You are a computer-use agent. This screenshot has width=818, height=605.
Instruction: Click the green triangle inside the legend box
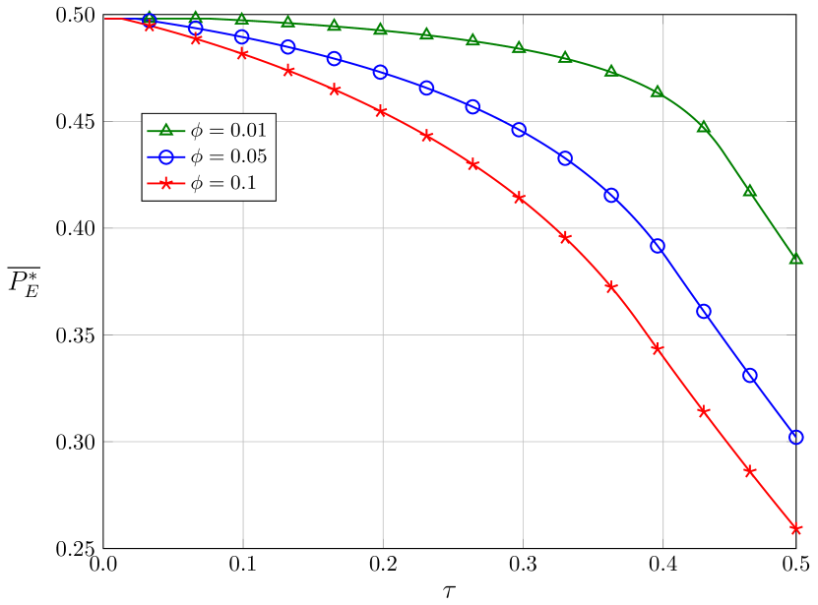(x=166, y=130)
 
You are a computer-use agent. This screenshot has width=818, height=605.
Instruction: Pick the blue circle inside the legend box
(x=166, y=156)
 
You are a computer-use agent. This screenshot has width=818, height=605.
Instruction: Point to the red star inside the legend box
(x=166, y=184)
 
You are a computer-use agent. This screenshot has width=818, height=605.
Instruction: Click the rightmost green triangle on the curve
(x=795, y=259)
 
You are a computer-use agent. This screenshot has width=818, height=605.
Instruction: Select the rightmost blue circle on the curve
(x=796, y=437)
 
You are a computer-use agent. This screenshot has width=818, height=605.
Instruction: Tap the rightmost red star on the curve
(x=795, y=528)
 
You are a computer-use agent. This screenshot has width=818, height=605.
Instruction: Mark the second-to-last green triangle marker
(x=749, y=190)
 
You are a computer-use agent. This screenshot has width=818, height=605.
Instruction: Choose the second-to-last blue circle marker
(x=750, y=376)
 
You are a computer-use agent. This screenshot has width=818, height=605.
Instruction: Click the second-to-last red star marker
(x=750, y=471)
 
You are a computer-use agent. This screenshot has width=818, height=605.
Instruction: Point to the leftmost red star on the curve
(x=150, y=26)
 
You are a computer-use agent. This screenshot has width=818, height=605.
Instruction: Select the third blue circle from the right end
(x=704, y=312)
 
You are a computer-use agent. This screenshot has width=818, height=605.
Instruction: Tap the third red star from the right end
(x=704, y=411)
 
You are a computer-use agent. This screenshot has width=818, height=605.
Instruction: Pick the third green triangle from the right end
(x=703, y=127)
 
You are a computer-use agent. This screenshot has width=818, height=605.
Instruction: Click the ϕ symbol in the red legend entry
(x=197, y=184)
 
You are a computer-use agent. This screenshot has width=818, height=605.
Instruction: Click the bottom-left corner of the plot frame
(x=103, y=547)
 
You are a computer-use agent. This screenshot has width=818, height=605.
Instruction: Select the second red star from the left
(x=196, y=39)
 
